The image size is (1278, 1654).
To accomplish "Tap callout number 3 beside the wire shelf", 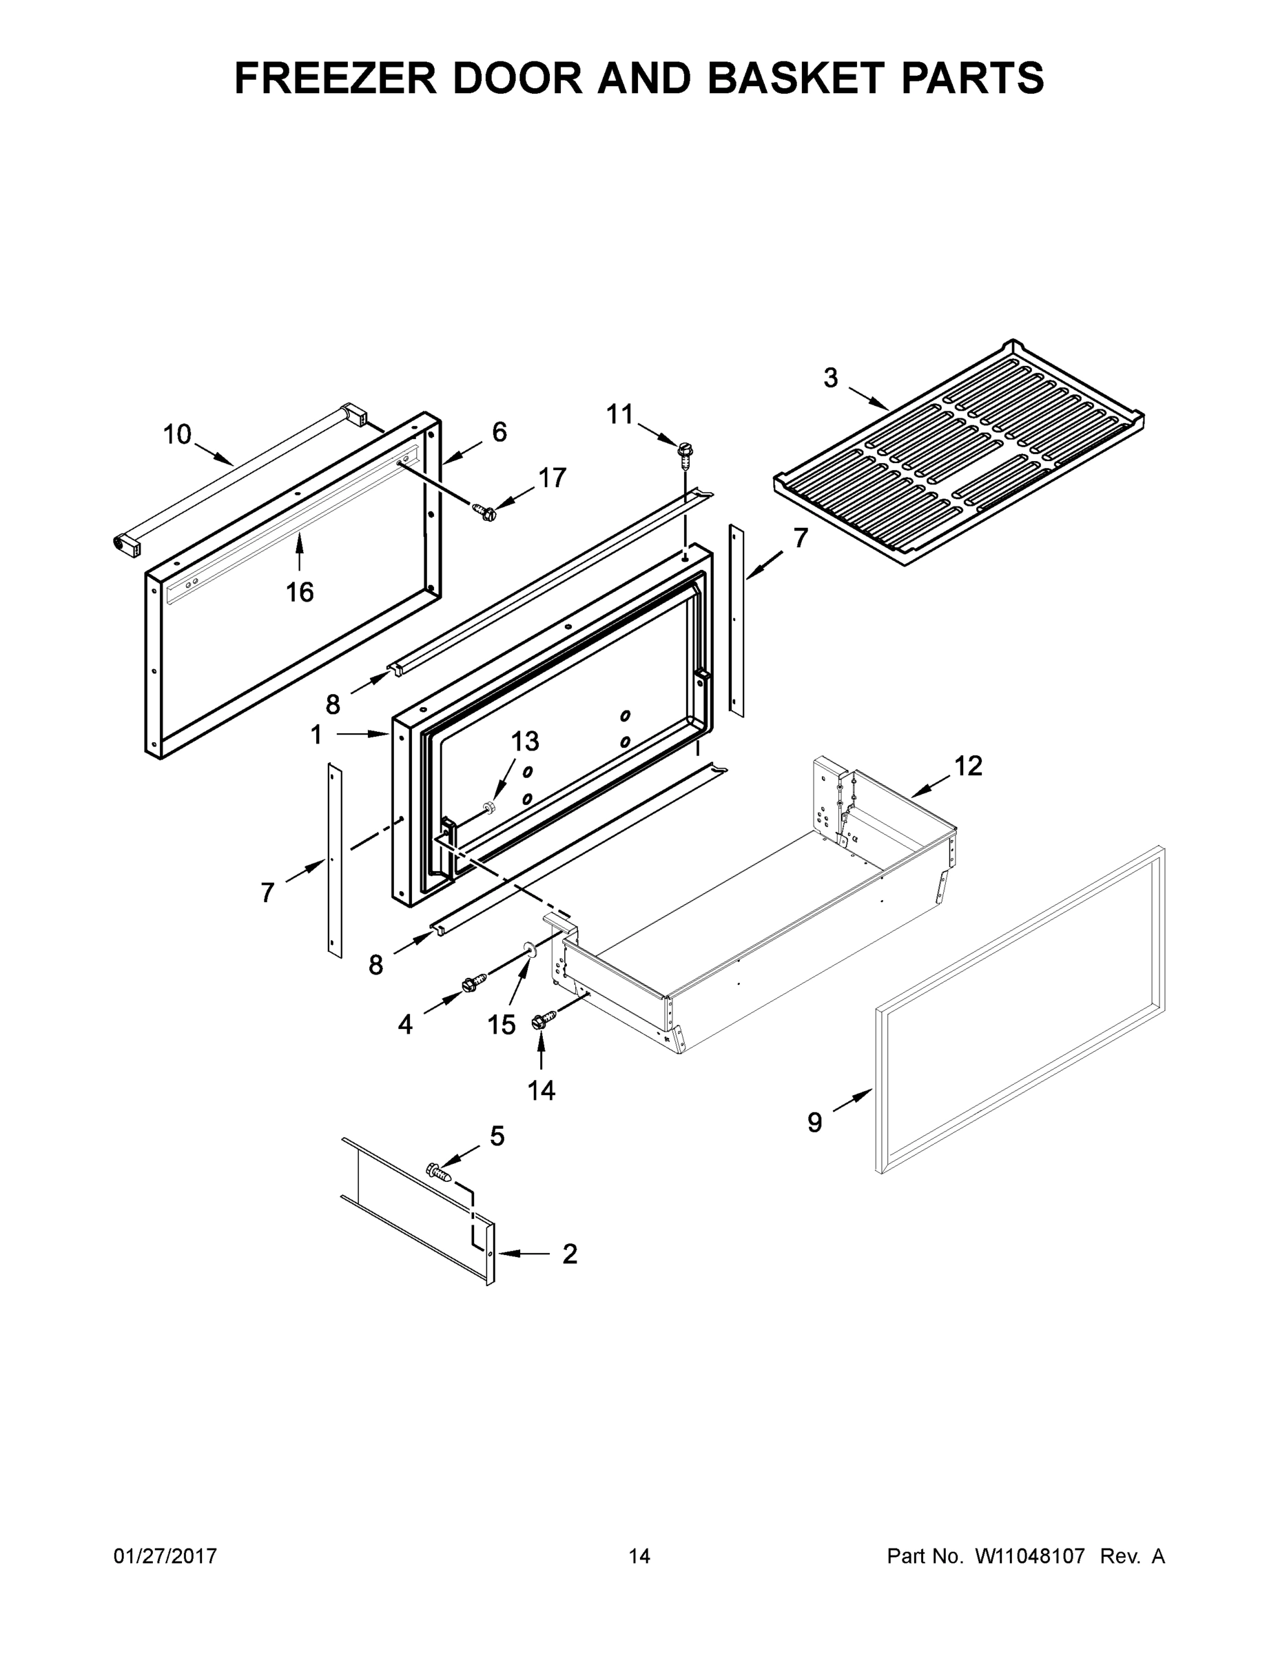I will (x=831, y=378).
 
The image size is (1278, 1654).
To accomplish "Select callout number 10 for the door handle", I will (x=177, y=435).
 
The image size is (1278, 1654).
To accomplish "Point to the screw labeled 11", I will (x=686, y=452).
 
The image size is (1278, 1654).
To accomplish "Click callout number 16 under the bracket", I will (x=299, y=591).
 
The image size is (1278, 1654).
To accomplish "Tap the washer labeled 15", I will (x=528, y=950).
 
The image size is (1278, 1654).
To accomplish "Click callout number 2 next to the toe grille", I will (x=569, y=1254).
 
